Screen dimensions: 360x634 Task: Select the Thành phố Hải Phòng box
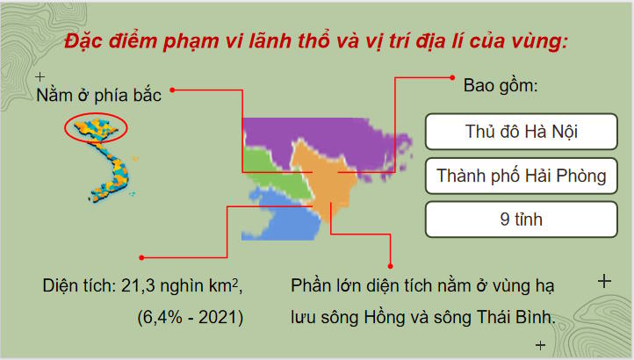pos(522,176)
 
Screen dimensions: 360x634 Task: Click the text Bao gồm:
pos(501,89)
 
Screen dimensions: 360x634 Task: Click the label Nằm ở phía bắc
pos(98,95)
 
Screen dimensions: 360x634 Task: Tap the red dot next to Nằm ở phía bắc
pos(174,89)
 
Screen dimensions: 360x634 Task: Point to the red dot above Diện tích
pos(141,257)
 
